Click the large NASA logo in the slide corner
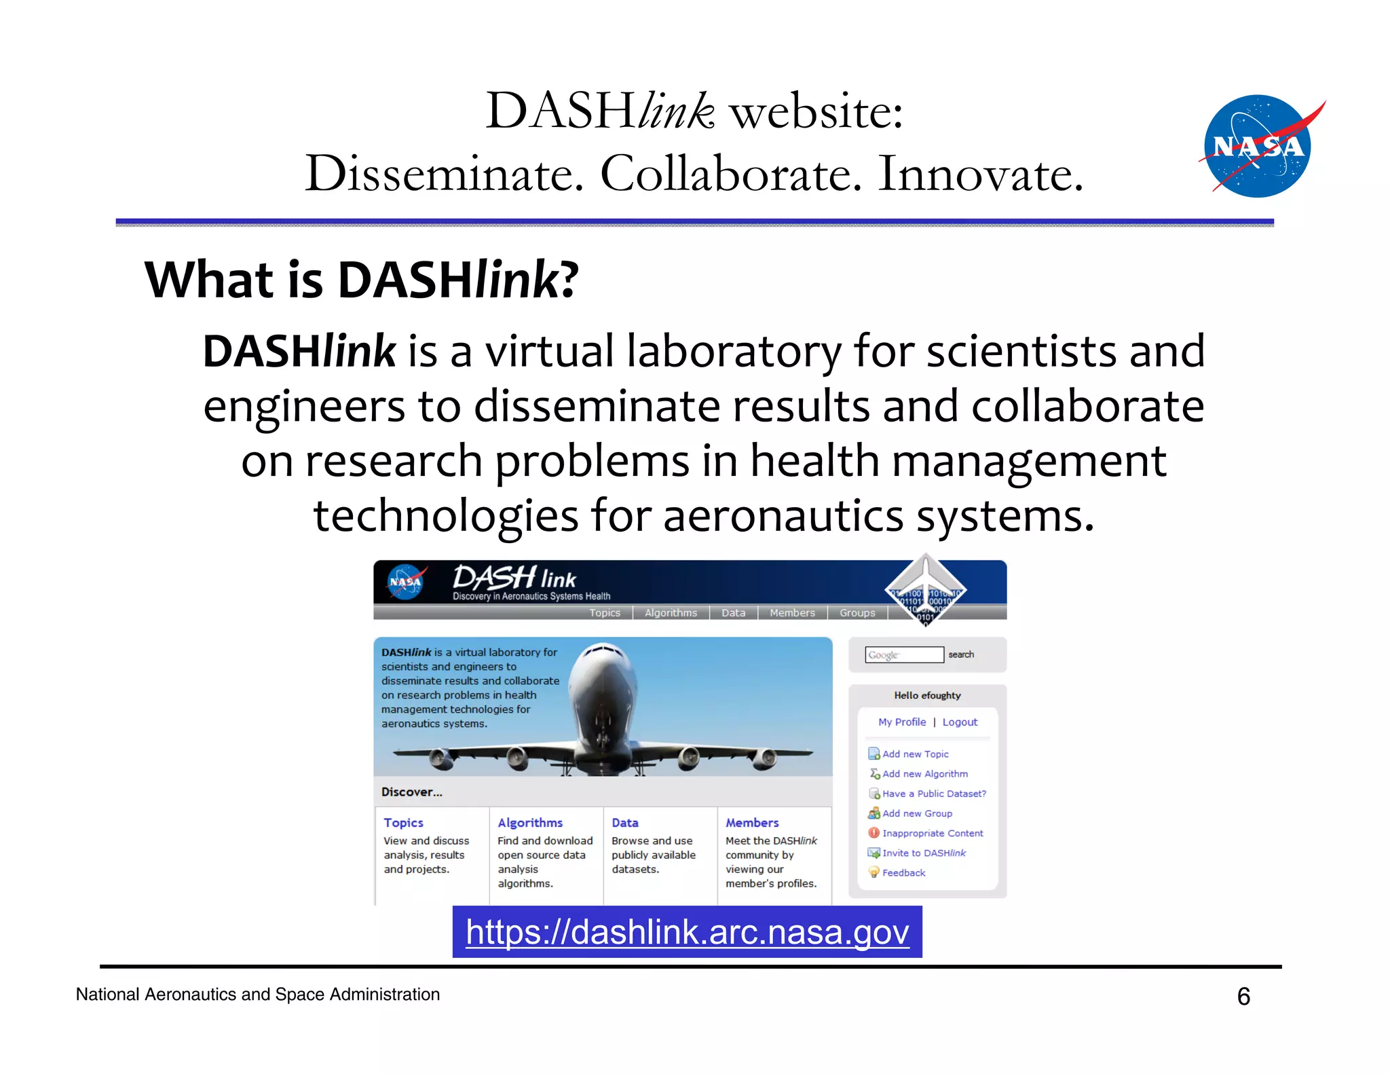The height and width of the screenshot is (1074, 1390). click(1258, 146)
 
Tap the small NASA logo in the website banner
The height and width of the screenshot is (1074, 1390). click(406, 582)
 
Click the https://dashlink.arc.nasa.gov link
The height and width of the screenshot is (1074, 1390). click(687, 932)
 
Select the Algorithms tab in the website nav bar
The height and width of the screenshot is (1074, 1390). click(671, 612)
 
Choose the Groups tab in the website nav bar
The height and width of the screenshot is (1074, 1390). click(857, 612)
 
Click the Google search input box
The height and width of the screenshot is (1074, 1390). click(904, 654)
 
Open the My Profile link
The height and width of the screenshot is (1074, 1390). click(901, 722)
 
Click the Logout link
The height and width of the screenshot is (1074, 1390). click(960, 722)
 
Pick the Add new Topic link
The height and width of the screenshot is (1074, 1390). click(915, 754)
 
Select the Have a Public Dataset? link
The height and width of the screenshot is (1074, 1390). click(933, 793)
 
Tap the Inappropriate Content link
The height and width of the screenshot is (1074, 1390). click(932, 833)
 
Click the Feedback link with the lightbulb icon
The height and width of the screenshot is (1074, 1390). click(903, 872)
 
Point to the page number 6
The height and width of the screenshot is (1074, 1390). click(1243, 996)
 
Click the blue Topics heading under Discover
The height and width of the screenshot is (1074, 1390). click(403, 822)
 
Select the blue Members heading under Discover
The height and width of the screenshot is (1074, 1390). click(752, 822)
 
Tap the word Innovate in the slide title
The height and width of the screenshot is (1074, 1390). click(980, 174)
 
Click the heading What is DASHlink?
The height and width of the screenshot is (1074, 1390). click(361, 280)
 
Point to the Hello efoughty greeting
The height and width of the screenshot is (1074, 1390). click(927, 695)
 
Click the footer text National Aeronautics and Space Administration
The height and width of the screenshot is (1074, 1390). click(258, 994)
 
